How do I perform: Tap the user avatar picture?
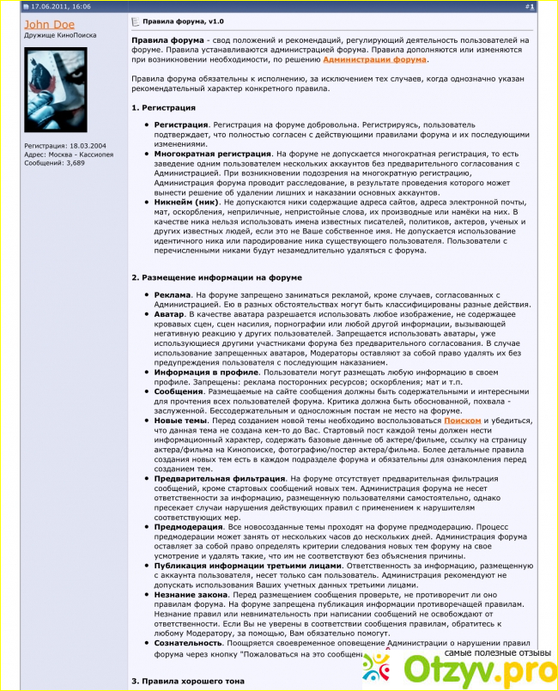click(56, 90)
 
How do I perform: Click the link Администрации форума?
click(374, 59)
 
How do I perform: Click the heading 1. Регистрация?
click(163, 107)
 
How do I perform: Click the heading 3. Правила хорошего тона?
click(188, 681)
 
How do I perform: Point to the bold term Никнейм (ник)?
click(182, 202)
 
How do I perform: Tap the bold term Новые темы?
click(180, 421)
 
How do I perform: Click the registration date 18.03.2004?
click(88, 145)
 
